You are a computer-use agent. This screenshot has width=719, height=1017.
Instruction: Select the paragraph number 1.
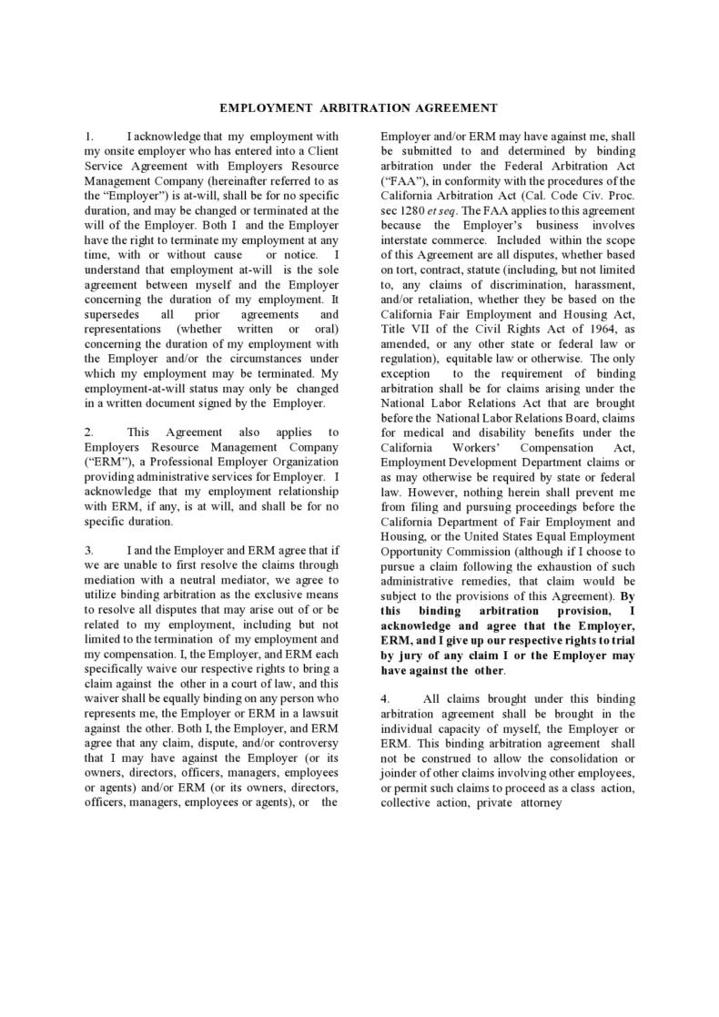(88, 137)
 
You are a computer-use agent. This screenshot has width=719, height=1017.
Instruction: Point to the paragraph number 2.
(88, 432)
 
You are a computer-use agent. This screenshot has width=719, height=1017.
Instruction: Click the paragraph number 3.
(88, 551)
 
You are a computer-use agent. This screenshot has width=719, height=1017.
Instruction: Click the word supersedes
(113, 313)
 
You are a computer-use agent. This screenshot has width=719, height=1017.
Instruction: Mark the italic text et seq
(455, 210)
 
